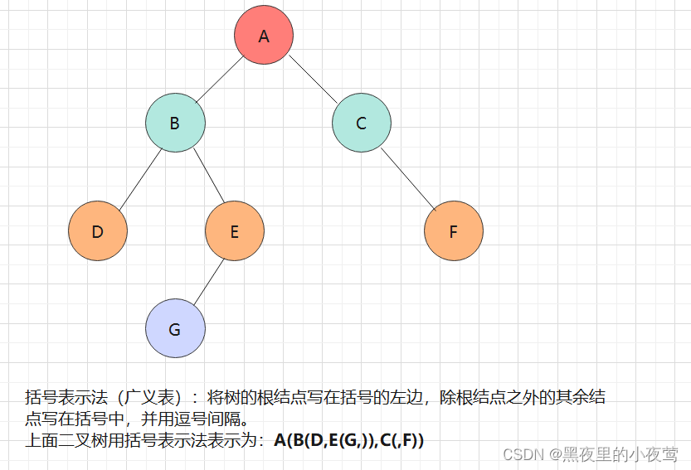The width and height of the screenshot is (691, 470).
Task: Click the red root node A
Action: [x=264, y=36]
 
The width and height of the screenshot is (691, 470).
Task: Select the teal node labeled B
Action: [x=175, y=124]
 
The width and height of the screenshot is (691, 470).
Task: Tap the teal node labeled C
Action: [x=362, y=124]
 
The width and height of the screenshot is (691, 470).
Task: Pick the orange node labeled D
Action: [x=98, y=231]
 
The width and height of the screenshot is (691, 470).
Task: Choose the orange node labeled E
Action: [x=235, y=231]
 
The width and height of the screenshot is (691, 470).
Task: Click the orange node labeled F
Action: [x=454, y=231]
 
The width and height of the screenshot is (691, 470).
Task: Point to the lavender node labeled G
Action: [x=175, y=329]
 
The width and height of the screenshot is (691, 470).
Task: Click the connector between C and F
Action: [x=408, y=177]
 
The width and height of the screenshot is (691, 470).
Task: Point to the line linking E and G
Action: [x=205, y=280]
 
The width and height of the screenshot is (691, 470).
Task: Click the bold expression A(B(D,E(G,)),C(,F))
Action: [x=348, y=441]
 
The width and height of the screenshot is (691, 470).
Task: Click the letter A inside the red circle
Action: [x=264, y=36]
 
